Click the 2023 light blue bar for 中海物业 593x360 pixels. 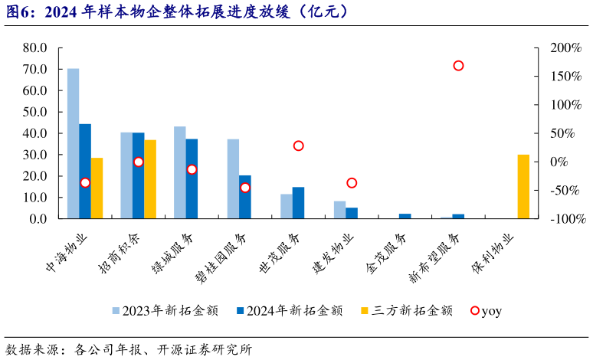[x=73, y=143]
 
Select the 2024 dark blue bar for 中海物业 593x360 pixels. [x=85, y=171]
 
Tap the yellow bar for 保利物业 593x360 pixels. [x=523, y=186]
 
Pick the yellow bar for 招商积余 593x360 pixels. [x=150, y=179]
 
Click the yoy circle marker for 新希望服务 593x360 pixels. [x=458, y=66]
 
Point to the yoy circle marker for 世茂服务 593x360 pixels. [x=298, y=146]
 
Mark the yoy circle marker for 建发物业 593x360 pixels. [x=352, y=182]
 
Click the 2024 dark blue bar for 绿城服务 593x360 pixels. [x=192, y=178]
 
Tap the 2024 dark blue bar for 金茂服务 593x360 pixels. [x=405, y=216]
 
